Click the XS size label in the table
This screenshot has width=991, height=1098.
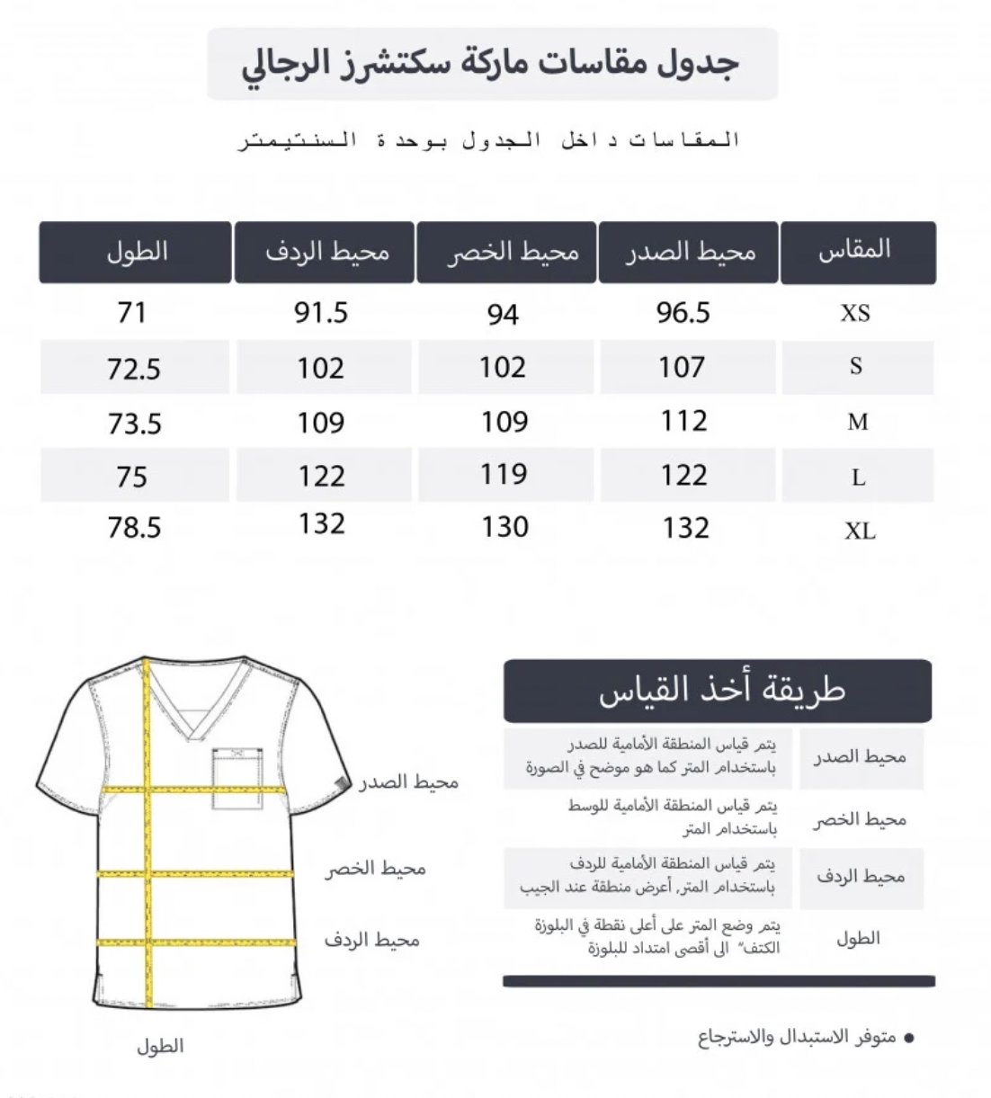click(855, 313)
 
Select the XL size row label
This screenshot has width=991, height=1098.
click(860, 531)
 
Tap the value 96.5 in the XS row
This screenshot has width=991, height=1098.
click(683, 312)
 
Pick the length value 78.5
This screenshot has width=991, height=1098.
click(134, 528)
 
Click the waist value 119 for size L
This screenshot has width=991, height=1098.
click(503, 474)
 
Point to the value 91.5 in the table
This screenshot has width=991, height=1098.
click(321, 312)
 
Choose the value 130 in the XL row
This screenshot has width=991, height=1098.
click(504, 527)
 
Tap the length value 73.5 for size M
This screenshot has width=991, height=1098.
click(135, 423)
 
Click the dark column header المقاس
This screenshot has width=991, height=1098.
click(857, 251)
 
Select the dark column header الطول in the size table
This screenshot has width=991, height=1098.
click(136, 251)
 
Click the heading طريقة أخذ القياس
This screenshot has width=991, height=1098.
click(719, 691)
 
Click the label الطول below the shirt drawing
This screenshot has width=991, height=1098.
click(160, 1046)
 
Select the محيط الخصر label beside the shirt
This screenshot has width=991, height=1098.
click(376, 869)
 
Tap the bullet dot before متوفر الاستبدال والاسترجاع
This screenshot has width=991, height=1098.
click(908, 1039)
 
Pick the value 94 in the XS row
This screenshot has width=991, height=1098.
click(503, 314)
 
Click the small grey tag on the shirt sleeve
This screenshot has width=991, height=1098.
click(340, 782)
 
